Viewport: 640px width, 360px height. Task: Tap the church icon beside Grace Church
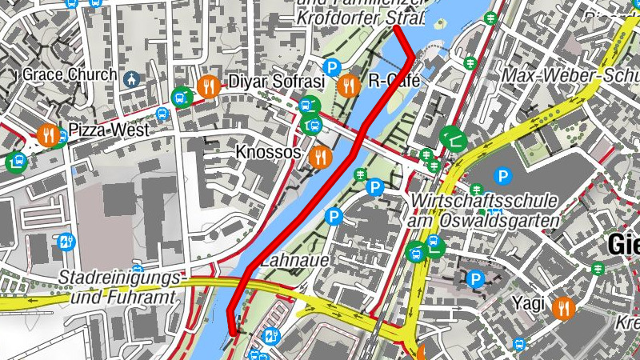(x=132, y=78)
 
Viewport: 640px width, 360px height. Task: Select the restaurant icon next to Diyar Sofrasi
(x=210, y=86)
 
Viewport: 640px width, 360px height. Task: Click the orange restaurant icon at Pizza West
(x=48, y=135)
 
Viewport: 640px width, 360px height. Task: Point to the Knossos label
(x=268, y=152)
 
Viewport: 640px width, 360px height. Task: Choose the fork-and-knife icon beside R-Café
(x=348, y=85)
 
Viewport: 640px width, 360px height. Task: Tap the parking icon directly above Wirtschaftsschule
(x=502, y=175)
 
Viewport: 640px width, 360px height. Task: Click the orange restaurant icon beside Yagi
(x=564, y=307)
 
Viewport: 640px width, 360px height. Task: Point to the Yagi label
(x=529, y=305)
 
